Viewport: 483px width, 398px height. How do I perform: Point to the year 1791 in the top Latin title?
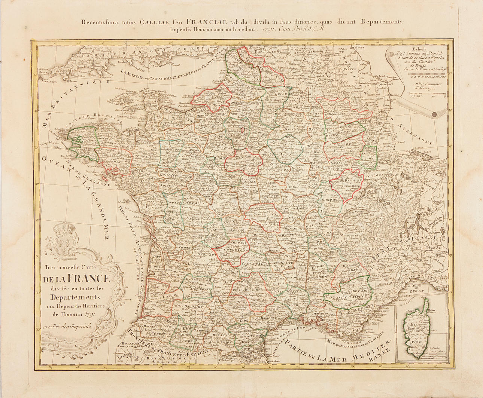270,28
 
